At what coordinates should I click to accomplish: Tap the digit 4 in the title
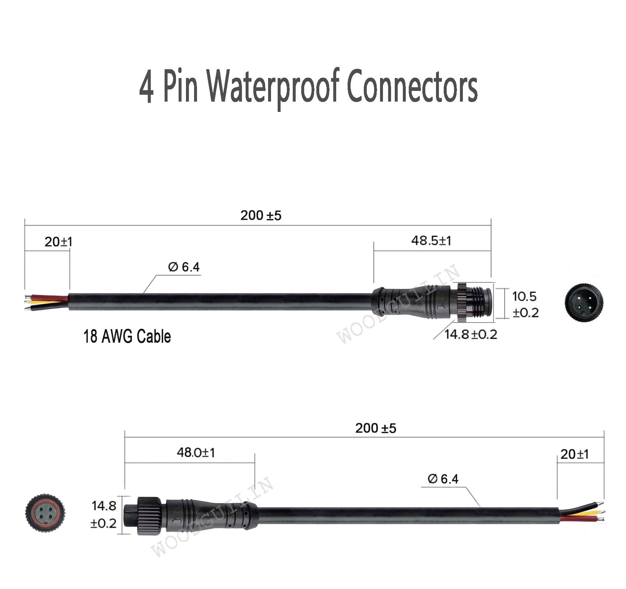point(146,88)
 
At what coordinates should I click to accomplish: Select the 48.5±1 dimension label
point(431,241)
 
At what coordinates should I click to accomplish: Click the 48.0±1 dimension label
point(196,452)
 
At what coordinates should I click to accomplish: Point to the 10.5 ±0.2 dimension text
point(525,304)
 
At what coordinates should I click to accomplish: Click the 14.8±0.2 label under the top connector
point(470,334)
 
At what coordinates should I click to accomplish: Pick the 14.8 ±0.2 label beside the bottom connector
point(103,514)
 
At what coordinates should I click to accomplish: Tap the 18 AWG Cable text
point(127,336)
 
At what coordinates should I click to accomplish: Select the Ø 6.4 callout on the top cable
point(184,267)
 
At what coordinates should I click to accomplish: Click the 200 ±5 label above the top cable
point(261,216)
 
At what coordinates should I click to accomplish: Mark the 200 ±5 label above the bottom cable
point(376,428)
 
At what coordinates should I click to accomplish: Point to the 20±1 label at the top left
point(59,242)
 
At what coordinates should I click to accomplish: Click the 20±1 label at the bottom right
point(574,454)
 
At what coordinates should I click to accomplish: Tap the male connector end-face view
point(584,303)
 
